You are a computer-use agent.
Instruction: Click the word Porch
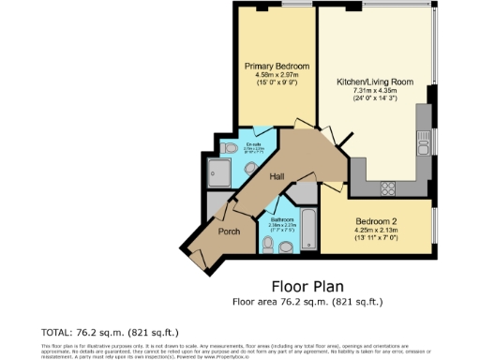click(229, 231)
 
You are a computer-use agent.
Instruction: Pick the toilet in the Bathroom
click(267, 246)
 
